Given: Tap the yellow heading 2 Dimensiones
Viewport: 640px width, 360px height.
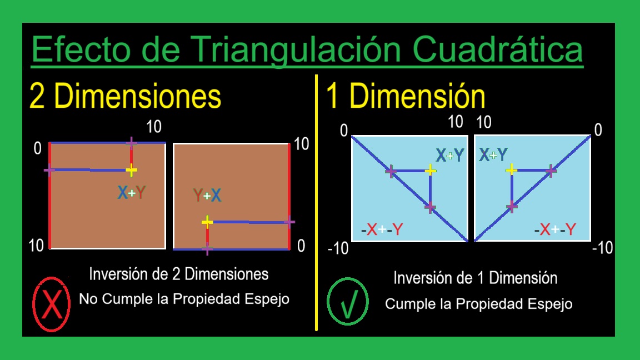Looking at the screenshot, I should click(126, 97).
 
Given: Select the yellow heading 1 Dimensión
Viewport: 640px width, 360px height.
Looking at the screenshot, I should click(406, 97).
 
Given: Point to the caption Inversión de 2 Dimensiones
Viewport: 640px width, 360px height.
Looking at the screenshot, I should click(179, 274).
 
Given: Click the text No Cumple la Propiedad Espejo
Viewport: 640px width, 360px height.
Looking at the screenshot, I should click(184, 299).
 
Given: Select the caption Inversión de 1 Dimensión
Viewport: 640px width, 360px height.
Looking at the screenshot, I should click(475, 278).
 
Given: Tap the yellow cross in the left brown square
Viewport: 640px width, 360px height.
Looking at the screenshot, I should click(131, 170).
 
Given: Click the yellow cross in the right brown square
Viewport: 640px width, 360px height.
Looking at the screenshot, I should click(207, 222).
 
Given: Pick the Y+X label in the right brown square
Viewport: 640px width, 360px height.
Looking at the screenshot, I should click(207, 196).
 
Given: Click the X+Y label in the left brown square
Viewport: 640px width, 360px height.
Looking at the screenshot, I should click(132, 193).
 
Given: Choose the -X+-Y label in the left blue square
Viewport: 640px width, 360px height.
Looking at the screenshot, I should click(381, 229).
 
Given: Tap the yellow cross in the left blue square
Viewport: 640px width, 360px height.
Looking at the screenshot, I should click(431, 170).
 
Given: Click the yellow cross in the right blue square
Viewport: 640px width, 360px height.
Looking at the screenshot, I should click(512, 169).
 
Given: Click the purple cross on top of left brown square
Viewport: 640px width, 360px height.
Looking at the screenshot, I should click(131, 143).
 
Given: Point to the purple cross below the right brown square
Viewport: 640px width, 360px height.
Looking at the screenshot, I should click(207, 249).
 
